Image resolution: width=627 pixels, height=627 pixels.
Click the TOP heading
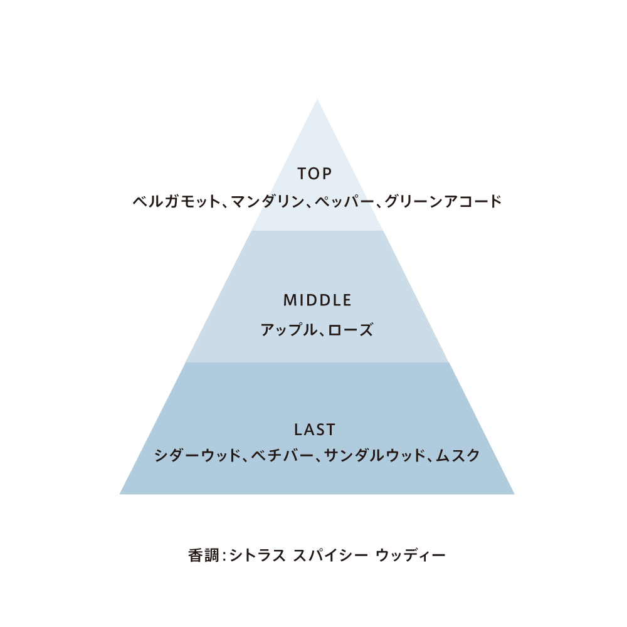[x=314, y=174]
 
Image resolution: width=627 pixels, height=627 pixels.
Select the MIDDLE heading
[x=317, y=300]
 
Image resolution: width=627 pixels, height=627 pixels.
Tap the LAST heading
[x=315, y=430]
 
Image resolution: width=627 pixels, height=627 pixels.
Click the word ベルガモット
[x=177, y=201]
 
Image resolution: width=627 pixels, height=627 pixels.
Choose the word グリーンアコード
[x=443, y=201]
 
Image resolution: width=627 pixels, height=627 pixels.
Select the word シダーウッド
[x=198, y=455]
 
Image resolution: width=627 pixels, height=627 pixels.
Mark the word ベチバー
[x=282, y=455]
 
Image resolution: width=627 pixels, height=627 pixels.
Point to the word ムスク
[x=458, y=455]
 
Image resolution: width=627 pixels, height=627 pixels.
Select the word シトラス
[x=258, y=556]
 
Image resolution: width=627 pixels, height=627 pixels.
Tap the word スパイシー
[x=330, y=556]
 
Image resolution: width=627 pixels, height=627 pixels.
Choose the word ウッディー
[x=411, y=556]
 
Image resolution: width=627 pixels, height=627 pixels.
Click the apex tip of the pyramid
[x=317, y=99]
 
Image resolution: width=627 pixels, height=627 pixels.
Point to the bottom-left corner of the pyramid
[x=120, y=494]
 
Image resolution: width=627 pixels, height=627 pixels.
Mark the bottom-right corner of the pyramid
[x=515, y=494]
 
